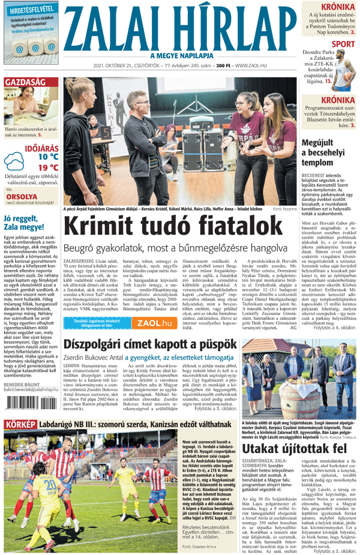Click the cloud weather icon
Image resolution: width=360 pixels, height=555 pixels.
click(x=14, y=162)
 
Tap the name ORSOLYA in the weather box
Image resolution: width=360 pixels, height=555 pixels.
click(x=22, y=196)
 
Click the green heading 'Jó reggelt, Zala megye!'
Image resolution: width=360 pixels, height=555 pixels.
click(x=27, y=223)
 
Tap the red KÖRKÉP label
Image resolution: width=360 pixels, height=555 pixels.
click(x=20, y=442)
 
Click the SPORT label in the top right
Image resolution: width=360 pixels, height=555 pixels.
click(x=343, y=44)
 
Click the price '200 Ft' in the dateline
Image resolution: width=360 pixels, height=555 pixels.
click(x=224, y=65)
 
